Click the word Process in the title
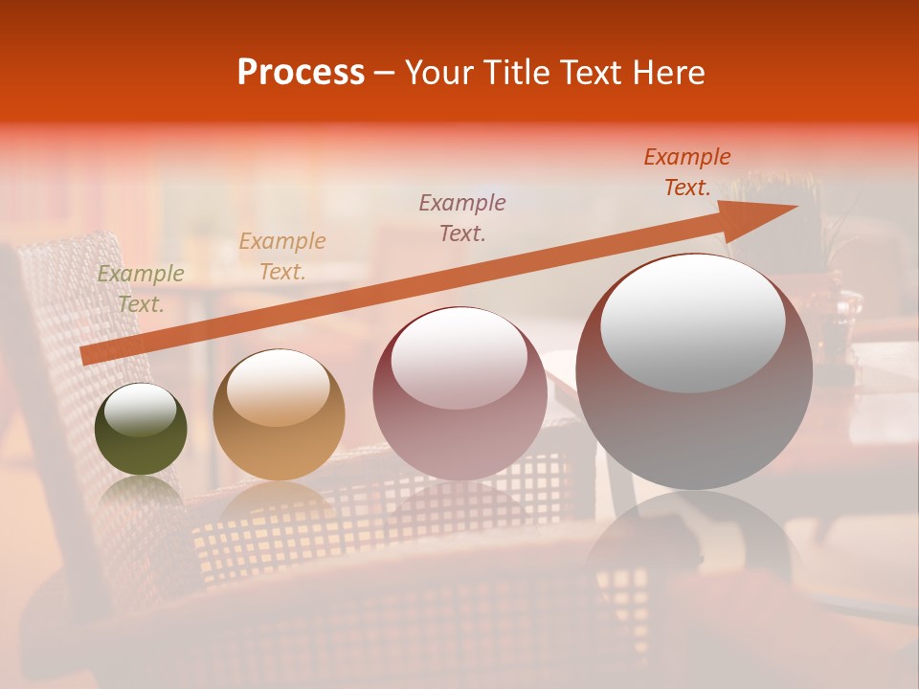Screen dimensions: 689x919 pos(301,73)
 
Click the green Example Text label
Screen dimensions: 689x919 pos(141,289)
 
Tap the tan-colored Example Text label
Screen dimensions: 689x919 pos(282,256)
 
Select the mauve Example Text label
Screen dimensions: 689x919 pos(462,217)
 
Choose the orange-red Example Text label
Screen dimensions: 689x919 pos(687,172)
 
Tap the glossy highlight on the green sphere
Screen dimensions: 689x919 pos(141,411)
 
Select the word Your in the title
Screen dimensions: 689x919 pos(436,73)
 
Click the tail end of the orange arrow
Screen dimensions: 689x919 pos(86,356)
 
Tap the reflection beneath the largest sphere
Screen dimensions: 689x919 pos(694,545)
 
